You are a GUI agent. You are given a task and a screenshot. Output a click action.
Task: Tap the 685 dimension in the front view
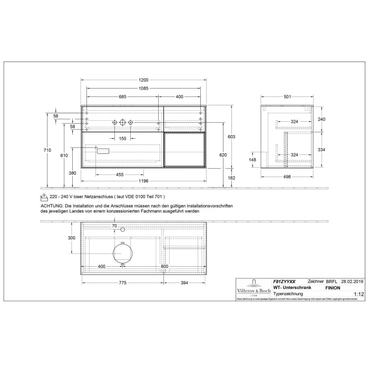pos(122,97)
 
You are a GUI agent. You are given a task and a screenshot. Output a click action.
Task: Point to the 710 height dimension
pos(47,150)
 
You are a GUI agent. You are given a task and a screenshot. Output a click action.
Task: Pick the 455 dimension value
pos(120,174)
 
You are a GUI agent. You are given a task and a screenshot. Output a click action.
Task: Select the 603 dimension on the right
pos(230,137)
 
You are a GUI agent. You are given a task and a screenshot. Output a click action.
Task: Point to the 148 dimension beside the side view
pos(252,160)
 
